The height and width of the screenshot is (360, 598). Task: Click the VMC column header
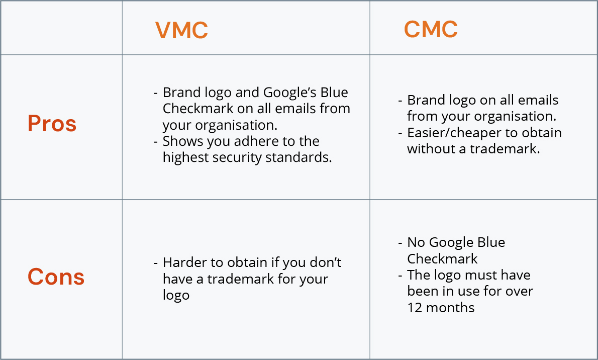(181, 30)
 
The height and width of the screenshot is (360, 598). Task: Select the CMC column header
(431, 29)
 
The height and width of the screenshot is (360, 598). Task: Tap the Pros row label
(52, 123)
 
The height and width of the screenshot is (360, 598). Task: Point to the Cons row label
(56, 277)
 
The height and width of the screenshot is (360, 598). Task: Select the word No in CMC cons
(416, 242)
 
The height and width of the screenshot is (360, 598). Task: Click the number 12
(415, 308)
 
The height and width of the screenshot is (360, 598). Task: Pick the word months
(450, 308)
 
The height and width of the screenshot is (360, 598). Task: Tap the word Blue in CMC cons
(491, 242)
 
